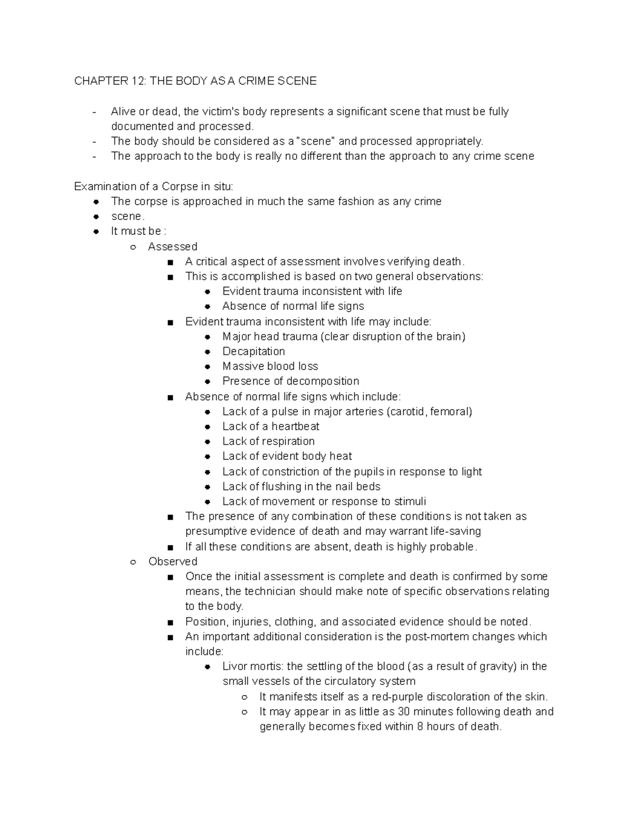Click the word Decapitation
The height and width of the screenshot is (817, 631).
click(x=253, y=351)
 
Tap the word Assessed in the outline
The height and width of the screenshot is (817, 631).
click(x=172, y=247)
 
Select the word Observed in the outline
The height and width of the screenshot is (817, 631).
click(x=172, y=561)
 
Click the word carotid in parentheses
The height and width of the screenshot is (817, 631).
click(x=408, y=411)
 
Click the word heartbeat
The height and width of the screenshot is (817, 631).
click(x=295, y=427)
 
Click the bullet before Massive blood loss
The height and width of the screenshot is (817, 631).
click(x=208, y=367)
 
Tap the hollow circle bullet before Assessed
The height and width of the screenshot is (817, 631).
click(x=133, y=247)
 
